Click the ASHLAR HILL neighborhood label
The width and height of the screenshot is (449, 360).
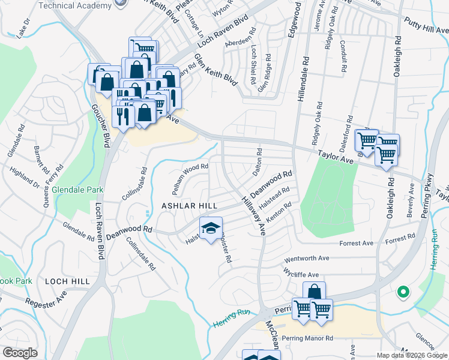coord(189,206)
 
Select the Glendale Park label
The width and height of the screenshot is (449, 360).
coord(77,190)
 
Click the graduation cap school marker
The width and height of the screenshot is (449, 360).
coord(211,229)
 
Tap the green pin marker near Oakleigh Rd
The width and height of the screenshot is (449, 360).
coord(403,293)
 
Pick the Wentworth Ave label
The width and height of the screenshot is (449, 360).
coord(307,258)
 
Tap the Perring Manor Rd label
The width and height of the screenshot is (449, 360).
coord(307,338)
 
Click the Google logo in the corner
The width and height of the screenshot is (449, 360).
coord(20,352)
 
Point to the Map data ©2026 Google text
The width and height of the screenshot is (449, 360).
coord(412,355)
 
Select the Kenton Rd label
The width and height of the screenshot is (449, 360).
coord(279,214)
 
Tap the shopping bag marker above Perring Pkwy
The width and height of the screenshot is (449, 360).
coord(314,292)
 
